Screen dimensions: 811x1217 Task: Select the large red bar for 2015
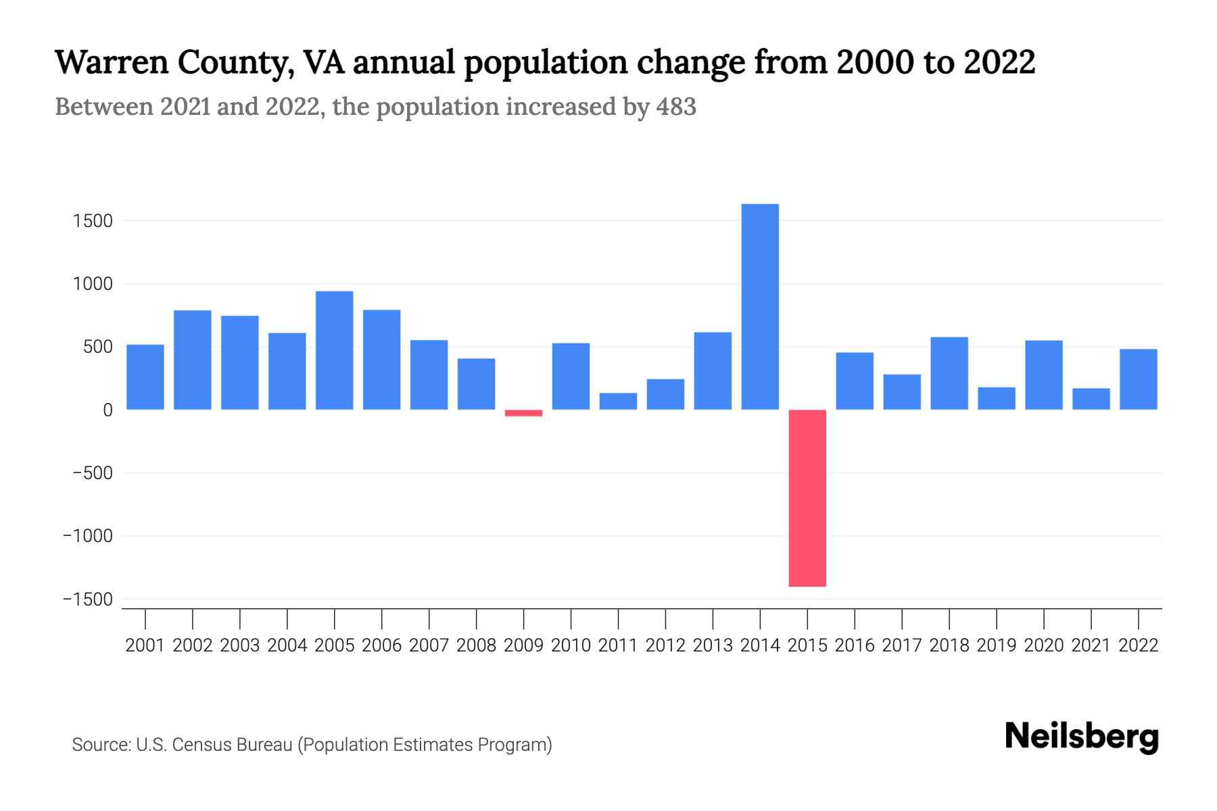pyautogui.click(x=807, y=498)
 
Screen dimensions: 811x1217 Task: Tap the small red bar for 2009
pyautogui.click(x=523, y=413)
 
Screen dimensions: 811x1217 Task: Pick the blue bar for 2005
pyautogui.click(x=334, y=350)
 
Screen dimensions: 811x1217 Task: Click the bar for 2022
pyautogui.click(x=1139, y=379)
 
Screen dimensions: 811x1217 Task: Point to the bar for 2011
pyautogui.click(x=618, y=401)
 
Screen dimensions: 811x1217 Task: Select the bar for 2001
pyautogui.click(x=145, y=377)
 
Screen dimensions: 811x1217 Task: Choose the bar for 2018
pyautogui.click(x=949, y=373)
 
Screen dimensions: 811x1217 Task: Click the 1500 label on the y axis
pyautogui.click(x=93, y=221)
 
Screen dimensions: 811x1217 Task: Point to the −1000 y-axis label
pyautogui.click(x=88, y=537)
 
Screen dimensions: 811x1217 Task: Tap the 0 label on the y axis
pyautogui.click(x=108, y=410)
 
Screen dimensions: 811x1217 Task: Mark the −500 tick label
pyautogui.click(x=93, y=473)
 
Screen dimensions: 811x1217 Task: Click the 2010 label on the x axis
pyautogui.click(x=571, y=645)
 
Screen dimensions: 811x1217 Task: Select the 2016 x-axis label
pyautogui.click(x=855, y=645)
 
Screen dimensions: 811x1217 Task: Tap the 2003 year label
pyautogui.click(x=240, y=645)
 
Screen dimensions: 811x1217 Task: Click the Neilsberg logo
pyautogui.click(x=1082, y=737)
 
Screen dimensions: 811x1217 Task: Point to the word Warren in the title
pyautogui.click(x=110, y=62)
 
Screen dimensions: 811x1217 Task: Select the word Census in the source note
pyautogui.click(x=199, y=745)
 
